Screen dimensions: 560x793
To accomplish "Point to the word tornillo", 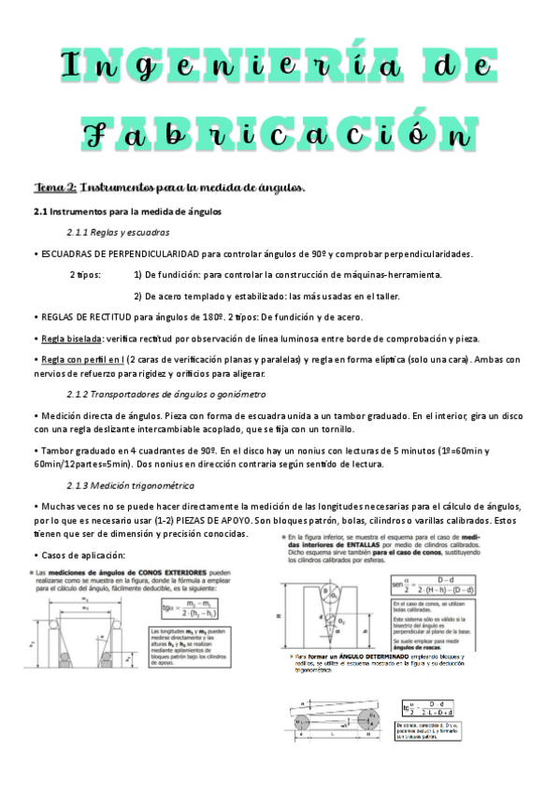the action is pos(336,429).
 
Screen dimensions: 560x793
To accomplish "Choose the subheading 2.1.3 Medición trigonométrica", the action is pos(130,485).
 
